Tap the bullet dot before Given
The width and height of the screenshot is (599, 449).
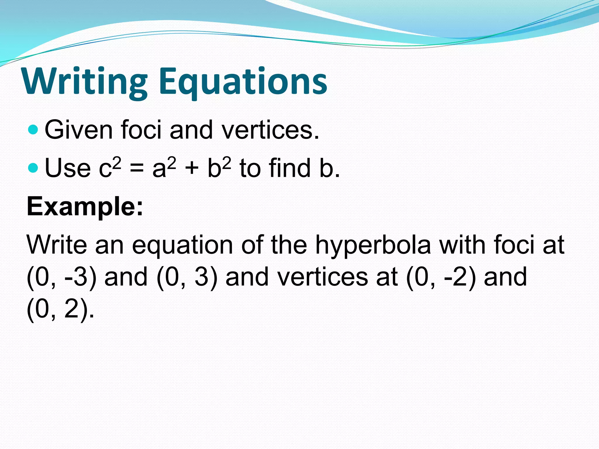(x=34, y=129)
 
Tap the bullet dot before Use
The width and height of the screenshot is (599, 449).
(x=34, y=167)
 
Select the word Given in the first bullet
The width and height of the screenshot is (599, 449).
(x=79, y=130)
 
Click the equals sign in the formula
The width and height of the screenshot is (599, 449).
(x=137, y=169)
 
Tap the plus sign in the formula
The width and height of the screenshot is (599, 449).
(x=192, y=169)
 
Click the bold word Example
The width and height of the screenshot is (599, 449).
(x=85, y=206)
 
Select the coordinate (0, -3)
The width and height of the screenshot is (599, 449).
(x=61, y=277)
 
